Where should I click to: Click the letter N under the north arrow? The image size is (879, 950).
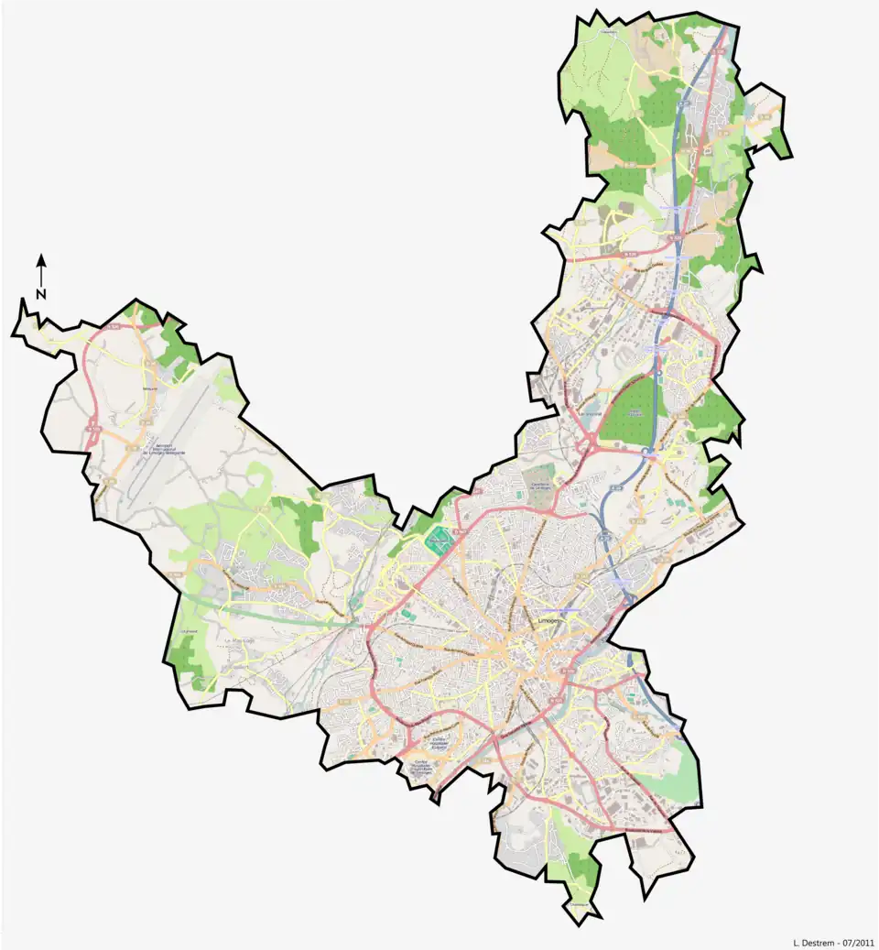41,294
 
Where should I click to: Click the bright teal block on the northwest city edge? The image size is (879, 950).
439,540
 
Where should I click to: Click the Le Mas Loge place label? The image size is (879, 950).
240,640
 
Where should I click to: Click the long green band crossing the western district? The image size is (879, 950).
266,608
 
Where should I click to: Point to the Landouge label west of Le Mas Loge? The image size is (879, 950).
189,630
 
